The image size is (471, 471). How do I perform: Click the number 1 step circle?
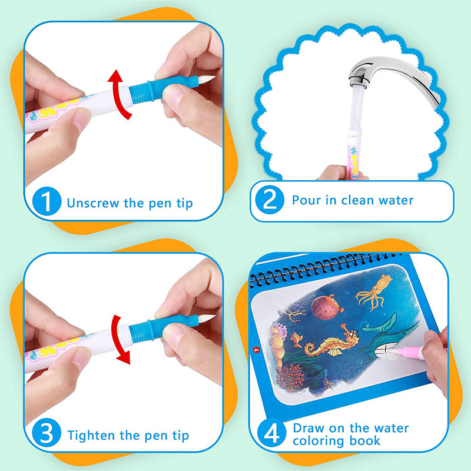pyautogui.click(x=47, y=203)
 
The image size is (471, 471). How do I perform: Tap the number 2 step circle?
pyautogui.click(x=270, y=200)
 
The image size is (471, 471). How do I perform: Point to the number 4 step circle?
pyautogui.click(x=270, y=434)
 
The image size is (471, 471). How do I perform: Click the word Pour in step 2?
pyautogui.click(x=304, y=200)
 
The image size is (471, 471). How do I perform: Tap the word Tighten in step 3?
pyautogui.click(x=92, y=436)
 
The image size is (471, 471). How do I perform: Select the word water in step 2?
pyautogui.click(x=395, y=200)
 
